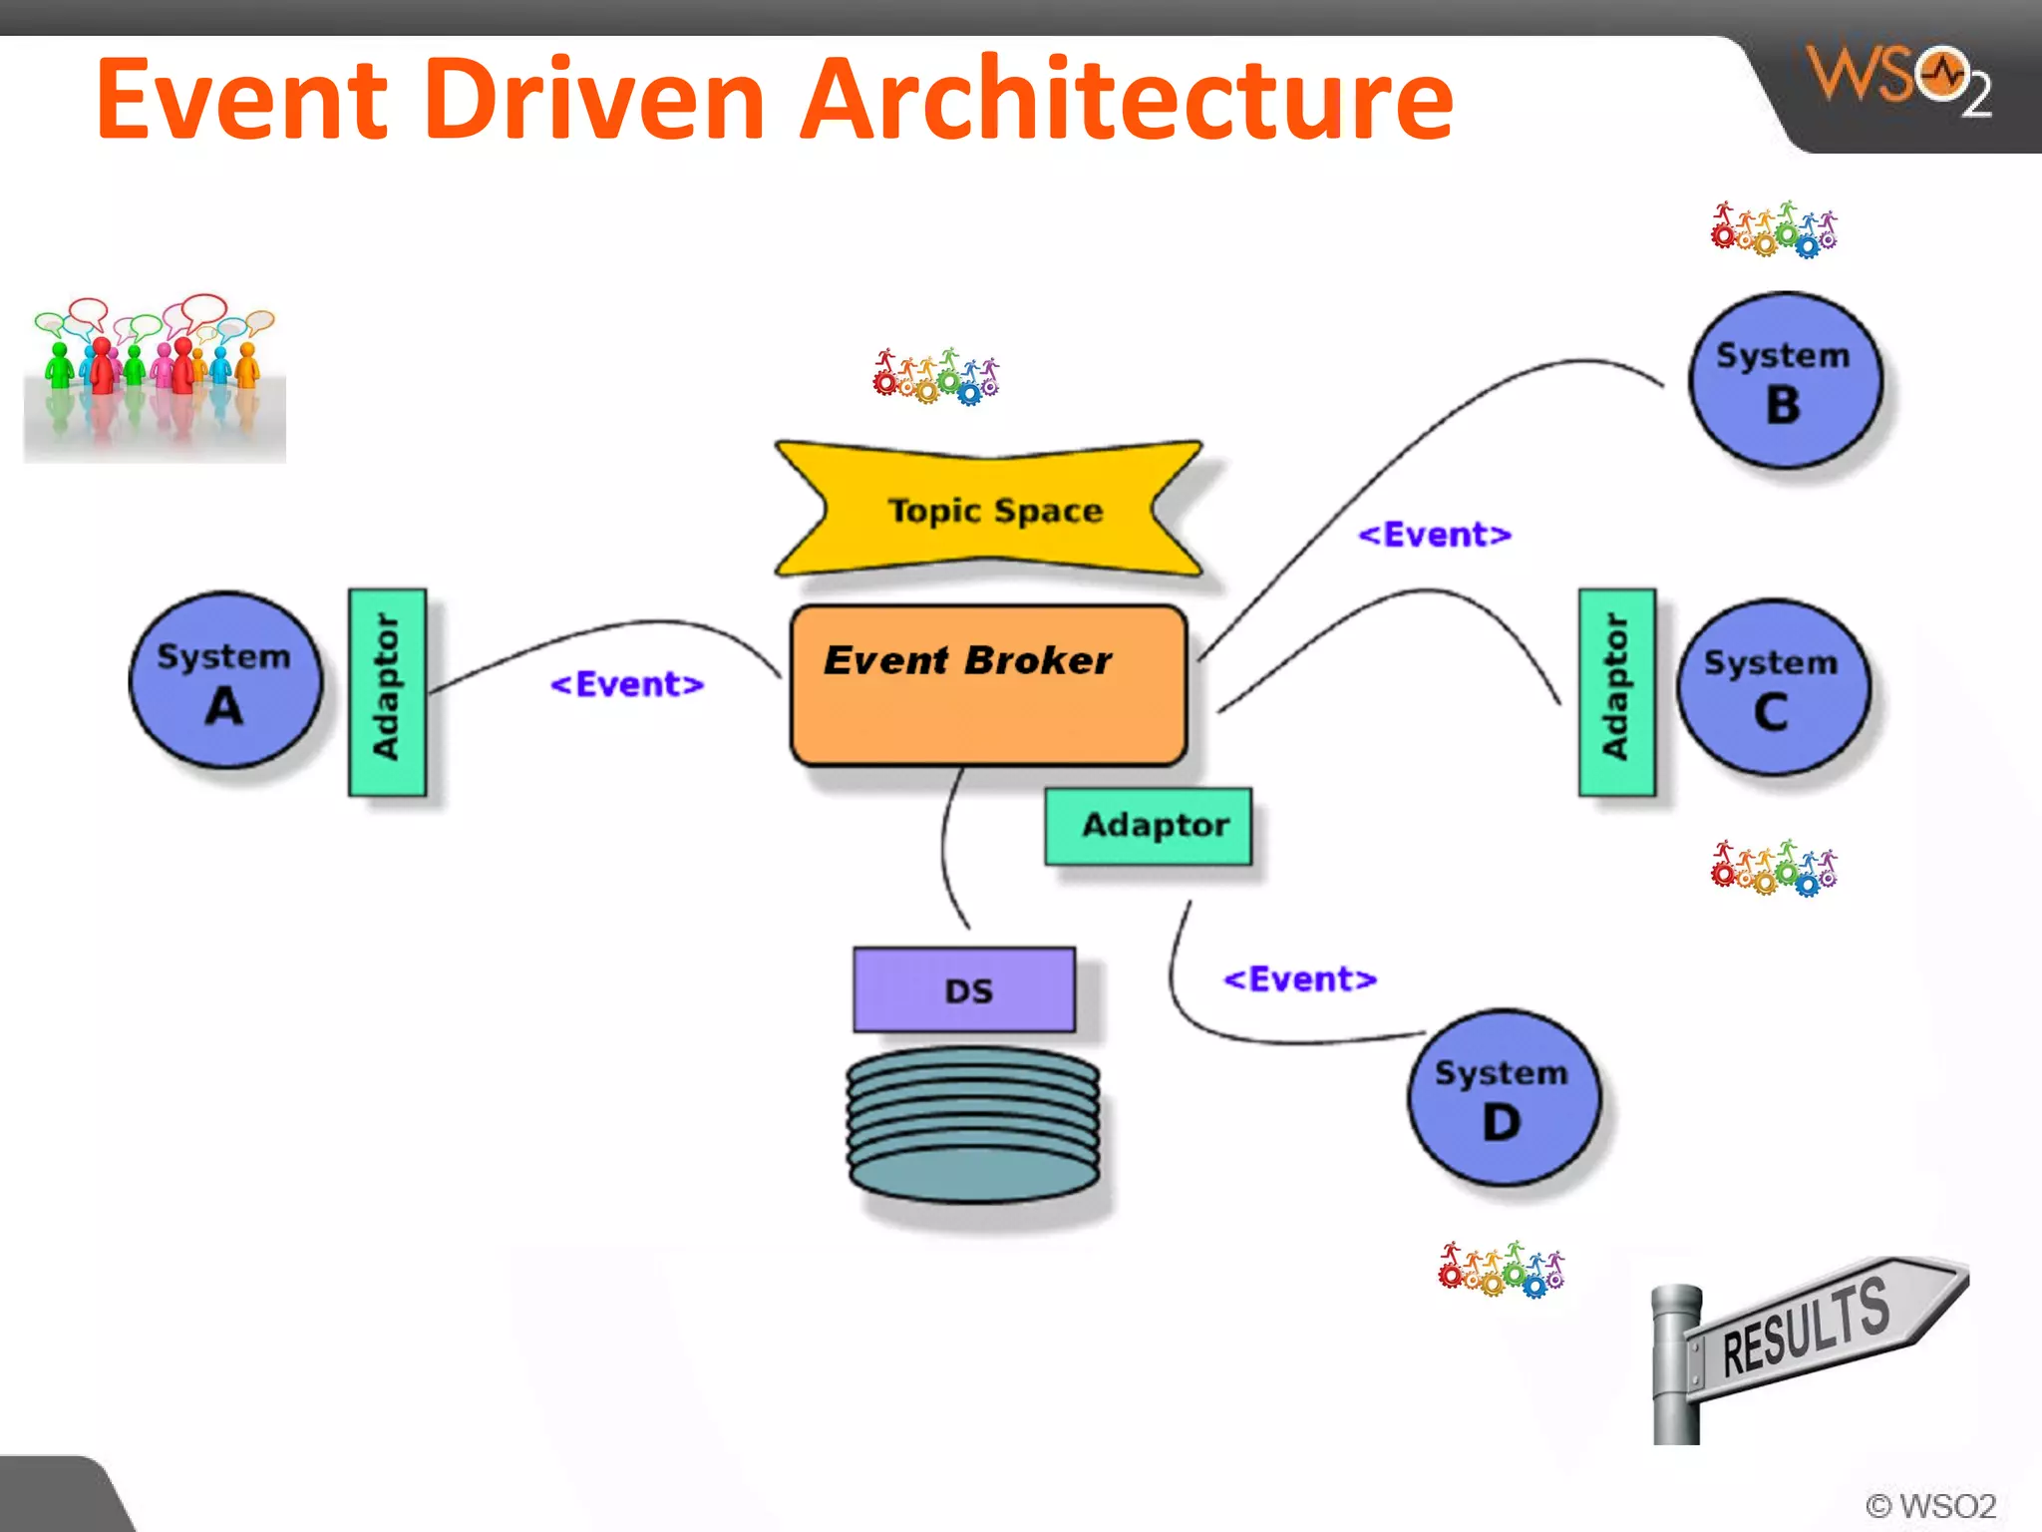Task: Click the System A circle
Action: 226,680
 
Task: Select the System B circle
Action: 1785,380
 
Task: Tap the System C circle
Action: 1773,687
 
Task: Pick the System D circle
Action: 1504,1098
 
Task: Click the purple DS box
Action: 964,989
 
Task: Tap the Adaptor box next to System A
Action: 387,692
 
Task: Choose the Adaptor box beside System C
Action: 1616,692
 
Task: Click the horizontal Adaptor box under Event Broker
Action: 1149,826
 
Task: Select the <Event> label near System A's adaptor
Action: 627,684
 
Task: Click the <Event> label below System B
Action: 1435,535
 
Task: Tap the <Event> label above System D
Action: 1300,979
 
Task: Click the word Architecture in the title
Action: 1127,100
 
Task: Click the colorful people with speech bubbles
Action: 155,374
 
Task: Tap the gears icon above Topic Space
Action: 936,377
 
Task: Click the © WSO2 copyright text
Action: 1930,1505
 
